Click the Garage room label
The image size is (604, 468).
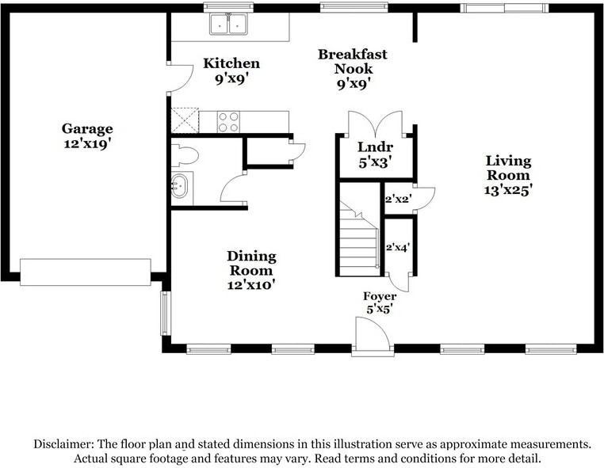87,135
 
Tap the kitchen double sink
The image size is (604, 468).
229,25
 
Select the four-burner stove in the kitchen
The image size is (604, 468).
228,121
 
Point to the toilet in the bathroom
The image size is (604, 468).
184,154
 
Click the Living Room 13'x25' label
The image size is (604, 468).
508,175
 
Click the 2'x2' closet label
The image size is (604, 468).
397,199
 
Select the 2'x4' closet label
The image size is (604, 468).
397,247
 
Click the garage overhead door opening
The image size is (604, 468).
85,272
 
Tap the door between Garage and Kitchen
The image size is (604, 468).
181,77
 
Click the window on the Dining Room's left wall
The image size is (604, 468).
166,314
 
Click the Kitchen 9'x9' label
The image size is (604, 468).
231,70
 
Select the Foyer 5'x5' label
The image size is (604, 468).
380,302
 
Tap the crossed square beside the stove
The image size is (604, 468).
185,121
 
